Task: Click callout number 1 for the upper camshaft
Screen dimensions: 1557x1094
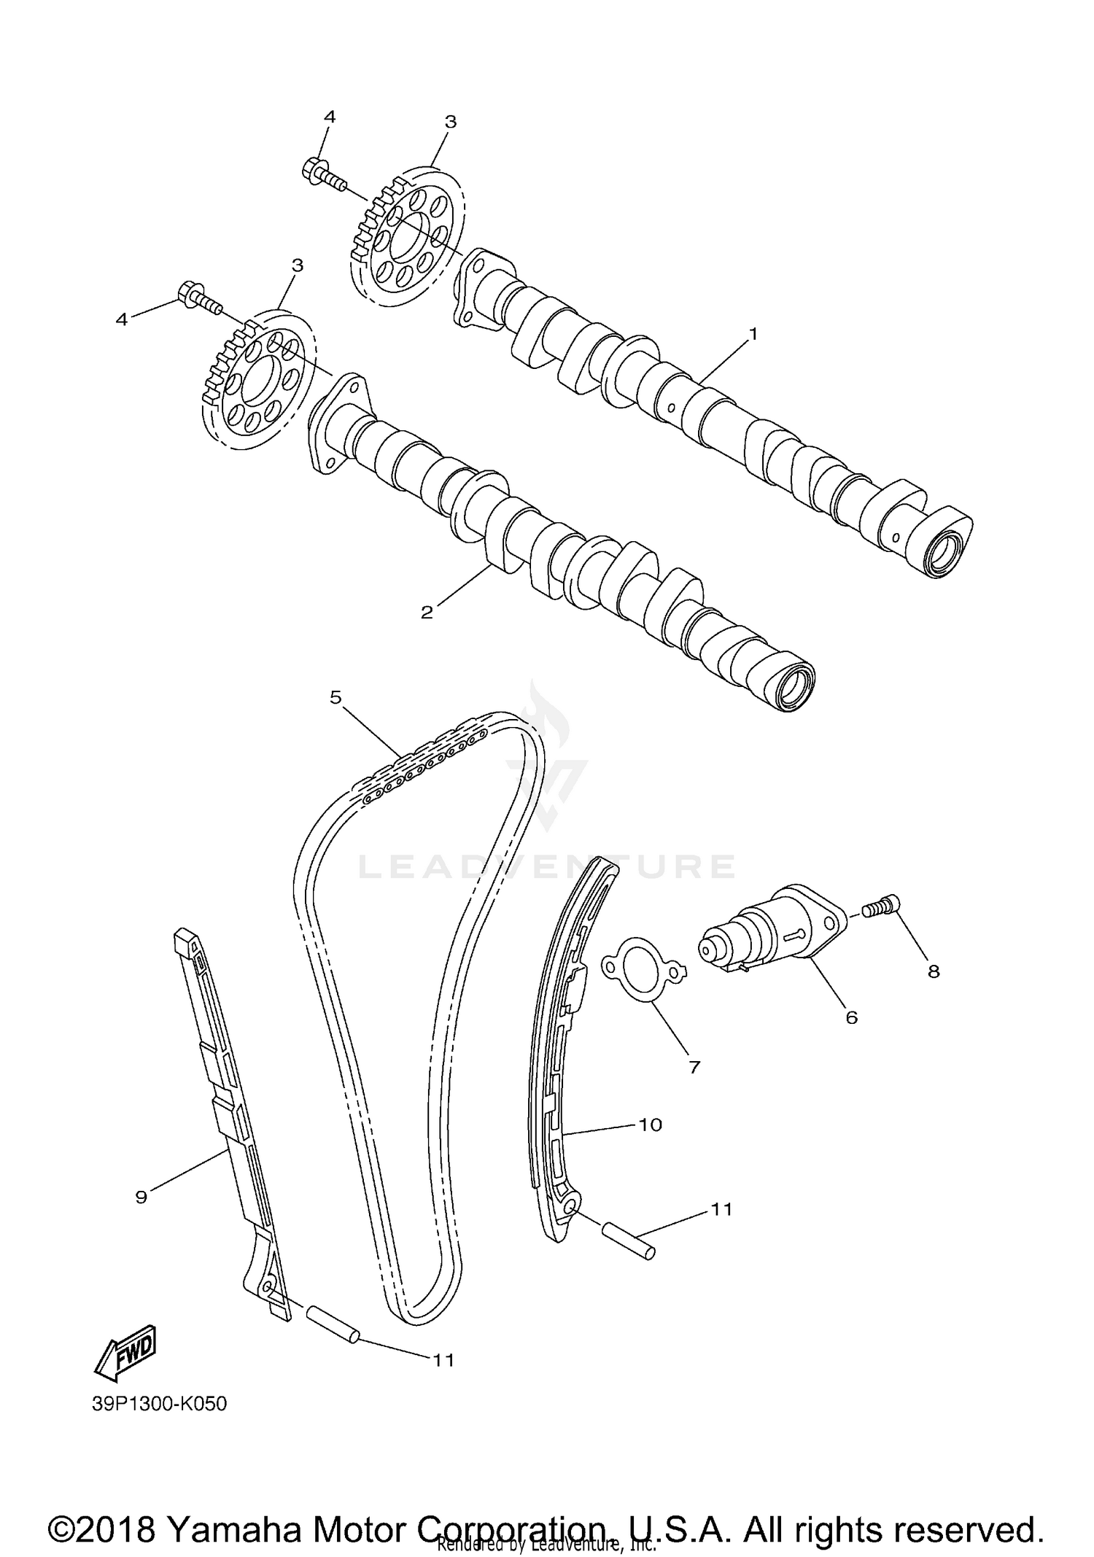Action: [753, 334]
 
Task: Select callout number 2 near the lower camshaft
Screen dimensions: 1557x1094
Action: [427, 612]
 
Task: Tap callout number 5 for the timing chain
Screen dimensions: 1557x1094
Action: [335, 697]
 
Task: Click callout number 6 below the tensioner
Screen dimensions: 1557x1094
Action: [851, 1017]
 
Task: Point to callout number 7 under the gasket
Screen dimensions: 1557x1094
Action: [694, 1067]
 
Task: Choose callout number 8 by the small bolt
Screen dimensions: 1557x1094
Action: [934, 971]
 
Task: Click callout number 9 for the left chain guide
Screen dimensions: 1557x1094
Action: [141, 1196]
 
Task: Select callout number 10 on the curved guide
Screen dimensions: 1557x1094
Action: [650, 1124]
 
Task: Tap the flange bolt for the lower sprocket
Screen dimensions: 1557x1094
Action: [197, 298]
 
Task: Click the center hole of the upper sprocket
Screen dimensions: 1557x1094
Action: [406, 237]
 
